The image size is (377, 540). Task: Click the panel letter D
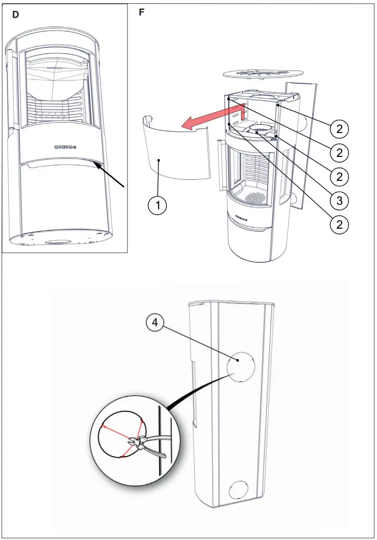(x=16, y=15)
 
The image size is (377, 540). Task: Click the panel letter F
(x=142, y=13)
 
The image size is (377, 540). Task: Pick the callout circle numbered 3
(x=340, y=200)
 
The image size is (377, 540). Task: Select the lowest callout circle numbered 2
(x=340, y=224)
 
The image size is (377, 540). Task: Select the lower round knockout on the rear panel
(x=240, y=491)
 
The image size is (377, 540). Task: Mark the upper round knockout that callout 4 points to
(x=241, y=366)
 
